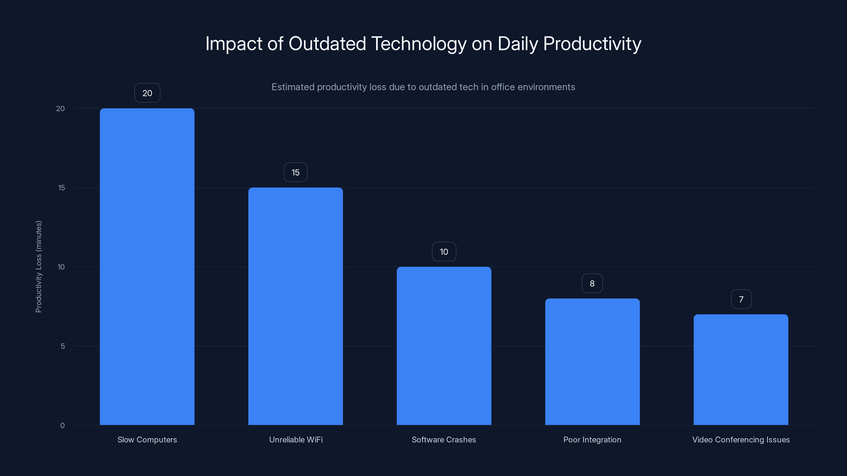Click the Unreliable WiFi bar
[295, 306]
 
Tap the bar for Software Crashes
[444, 346]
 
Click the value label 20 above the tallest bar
[147, 93]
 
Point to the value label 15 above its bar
[295, 172]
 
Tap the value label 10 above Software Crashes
[444, 252]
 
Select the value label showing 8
[592, 283]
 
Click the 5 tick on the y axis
[63, 346]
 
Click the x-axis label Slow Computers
[147, 440]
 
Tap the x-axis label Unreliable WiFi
[296, 440]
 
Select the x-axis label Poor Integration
[592, 440]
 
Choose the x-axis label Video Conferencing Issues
[741, 440]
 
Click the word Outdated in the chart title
[327, 44]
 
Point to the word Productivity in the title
[592, 44]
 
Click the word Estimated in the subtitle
[293, 87]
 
